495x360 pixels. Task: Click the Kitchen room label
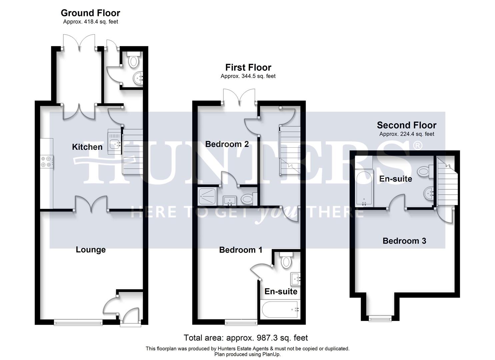(87, 147)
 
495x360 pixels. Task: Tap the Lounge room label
(91, 250)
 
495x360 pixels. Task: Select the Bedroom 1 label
(241, 250)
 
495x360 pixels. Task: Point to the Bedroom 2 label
(227, 144)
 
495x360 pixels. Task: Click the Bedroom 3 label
(404, 241)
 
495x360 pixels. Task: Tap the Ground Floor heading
(90, 13)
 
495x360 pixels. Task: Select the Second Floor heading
(406, 125)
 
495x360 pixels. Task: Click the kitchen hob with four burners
(46, 162)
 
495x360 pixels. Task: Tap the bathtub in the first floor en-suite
(280, 310)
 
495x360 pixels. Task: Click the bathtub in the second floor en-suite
(364, 189)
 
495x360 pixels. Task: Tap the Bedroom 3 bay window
(380, 318)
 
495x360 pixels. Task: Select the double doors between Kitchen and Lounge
(91, 204)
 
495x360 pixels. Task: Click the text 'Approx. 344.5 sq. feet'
(248, 76)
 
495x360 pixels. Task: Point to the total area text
(246, 338)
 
